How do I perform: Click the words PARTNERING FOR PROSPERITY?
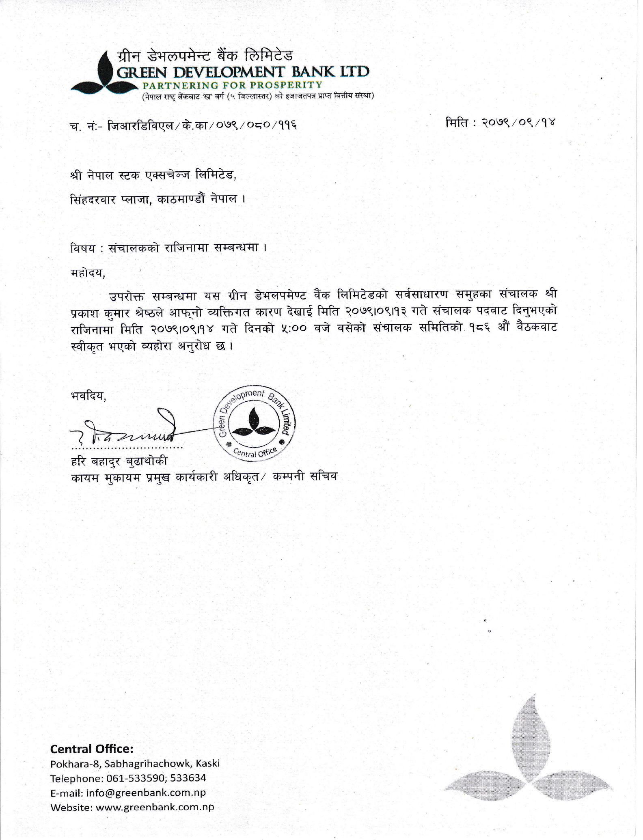click(x=232, y=85)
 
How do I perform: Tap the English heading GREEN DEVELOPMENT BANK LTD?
click(x=243, y=72)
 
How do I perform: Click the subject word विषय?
click(x=82, y=248)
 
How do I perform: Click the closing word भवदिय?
click(x=88, y=396)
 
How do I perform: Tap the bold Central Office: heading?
click(x=92, y=748)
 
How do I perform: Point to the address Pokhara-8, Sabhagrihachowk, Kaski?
click(x=135, y=763)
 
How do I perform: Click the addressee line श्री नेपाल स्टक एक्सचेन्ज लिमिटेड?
click(x=153, y=176)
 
